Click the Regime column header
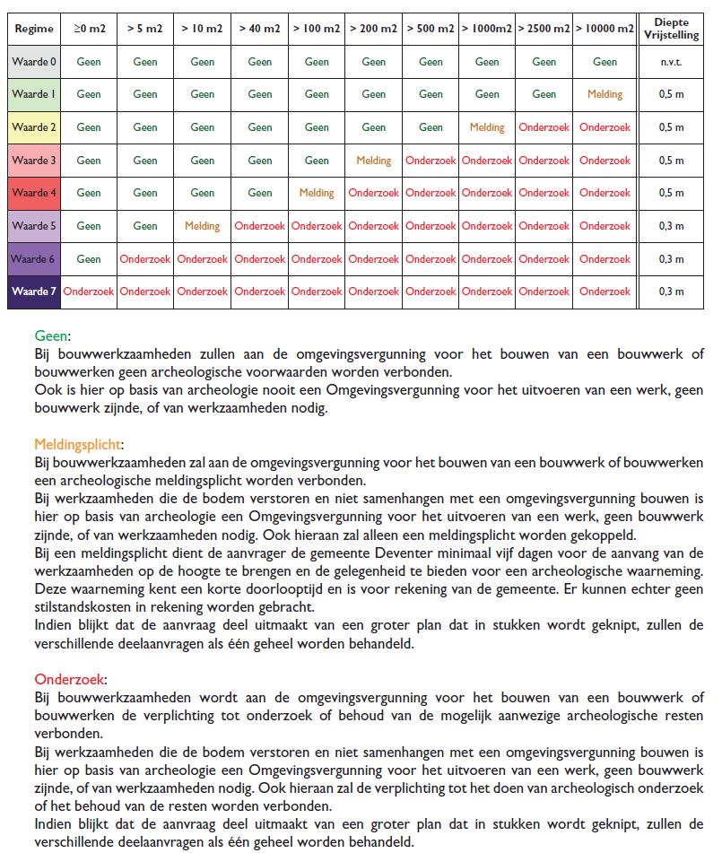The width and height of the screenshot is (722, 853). tap(34, 29)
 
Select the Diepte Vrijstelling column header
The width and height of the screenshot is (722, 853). tap(670, 29)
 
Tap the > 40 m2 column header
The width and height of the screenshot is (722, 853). tap(259, 29)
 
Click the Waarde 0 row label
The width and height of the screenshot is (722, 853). tap(34, 62)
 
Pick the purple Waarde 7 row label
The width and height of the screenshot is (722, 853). tap(34, 292)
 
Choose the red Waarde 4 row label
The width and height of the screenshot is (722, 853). tap(34, 193)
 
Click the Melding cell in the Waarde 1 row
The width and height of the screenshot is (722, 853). tap(605, 94)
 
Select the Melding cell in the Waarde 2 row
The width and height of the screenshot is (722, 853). tap(487, 127)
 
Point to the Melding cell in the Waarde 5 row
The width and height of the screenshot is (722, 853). tap(202, 226)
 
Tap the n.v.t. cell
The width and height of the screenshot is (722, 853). tap(670, 62)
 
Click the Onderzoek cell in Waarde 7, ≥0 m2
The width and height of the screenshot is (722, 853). tap(89, 292)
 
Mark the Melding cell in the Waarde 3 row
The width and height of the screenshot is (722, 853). tap(373, 161)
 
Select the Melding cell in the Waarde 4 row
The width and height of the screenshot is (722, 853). tap(316, 193)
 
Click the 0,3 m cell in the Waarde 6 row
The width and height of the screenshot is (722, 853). tap(670, 259)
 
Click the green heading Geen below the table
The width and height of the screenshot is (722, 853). tap(51, 335)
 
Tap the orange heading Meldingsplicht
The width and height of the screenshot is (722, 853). tap(79, 444)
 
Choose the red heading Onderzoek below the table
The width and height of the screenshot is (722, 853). tap(70, 679)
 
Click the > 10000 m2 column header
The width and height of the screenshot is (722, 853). tap(605, 29)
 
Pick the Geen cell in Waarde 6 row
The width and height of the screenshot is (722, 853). tap(89, 259)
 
